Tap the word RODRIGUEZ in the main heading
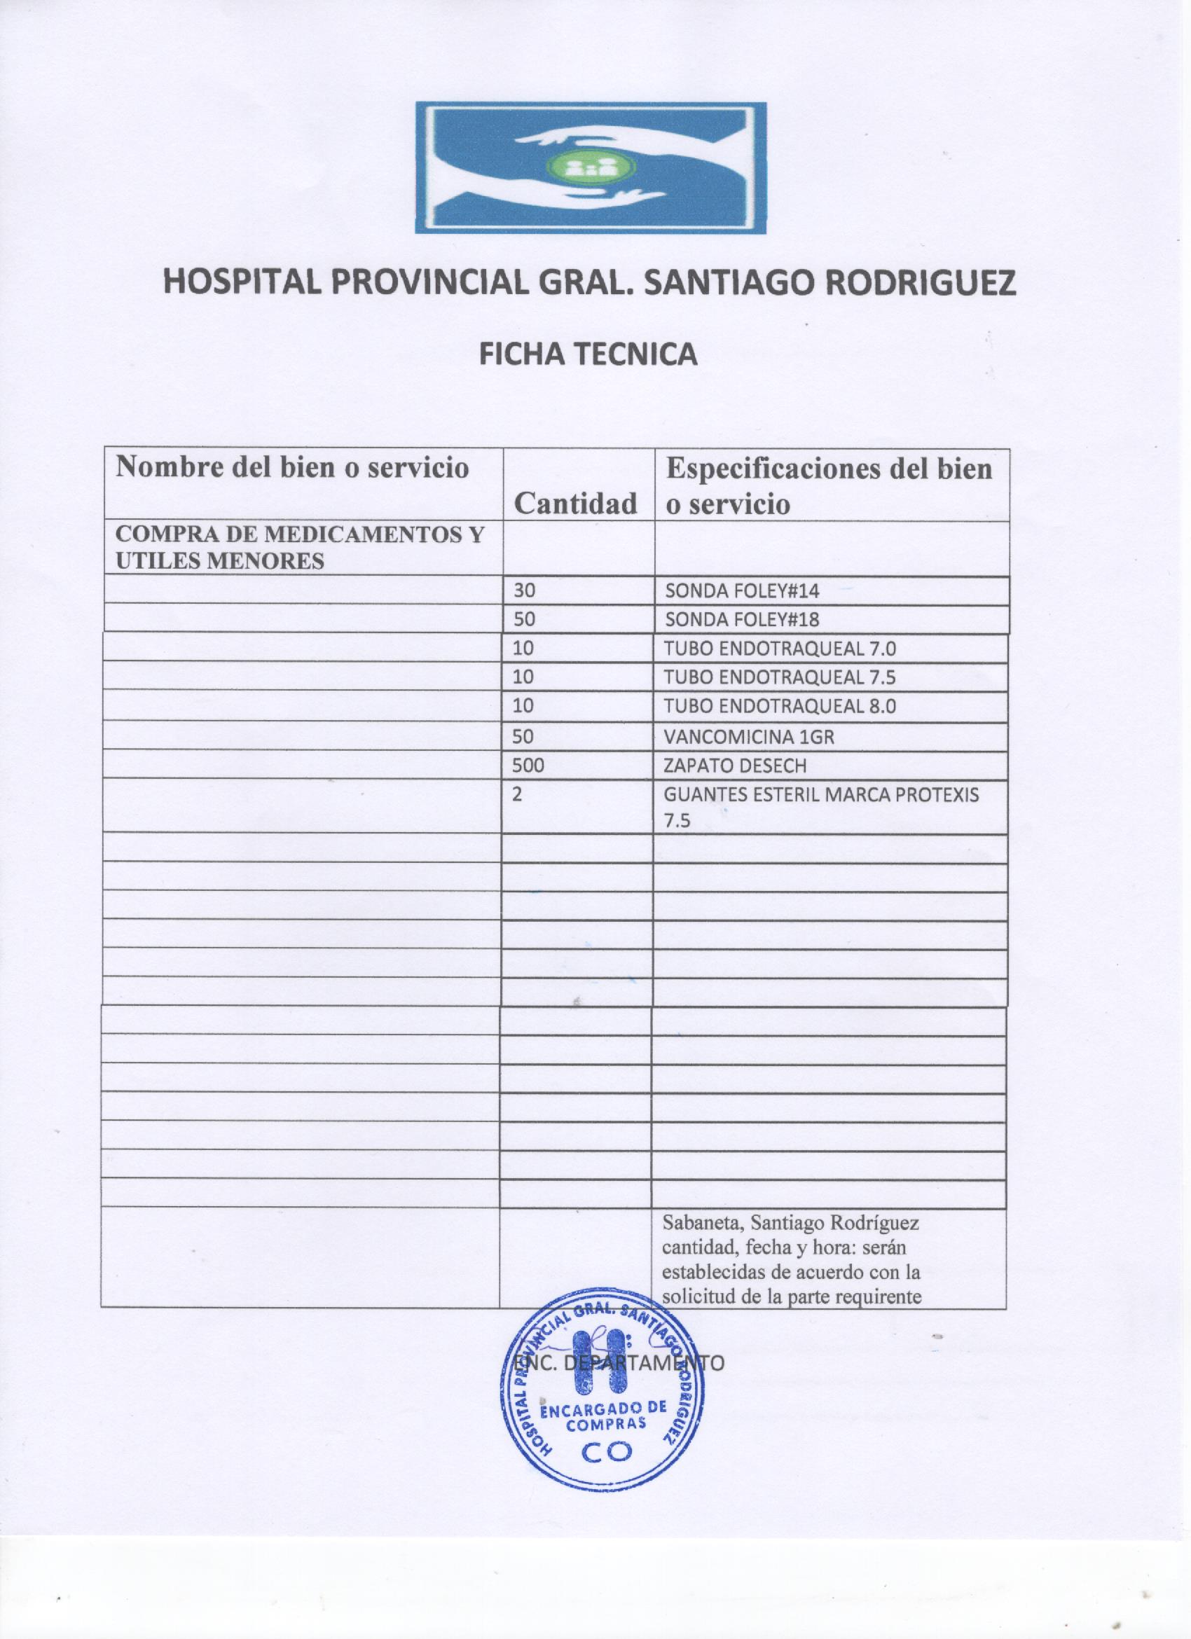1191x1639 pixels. click(x=920, y=282)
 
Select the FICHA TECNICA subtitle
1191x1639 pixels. click(x=589, y=354)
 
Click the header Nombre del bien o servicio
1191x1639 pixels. click(x=292, y=468)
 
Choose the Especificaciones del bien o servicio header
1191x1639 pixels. click(x=828, y=485)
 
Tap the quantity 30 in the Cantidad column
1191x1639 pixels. click(x=525, y=590)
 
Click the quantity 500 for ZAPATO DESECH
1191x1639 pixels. click(x=528, y=766)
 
